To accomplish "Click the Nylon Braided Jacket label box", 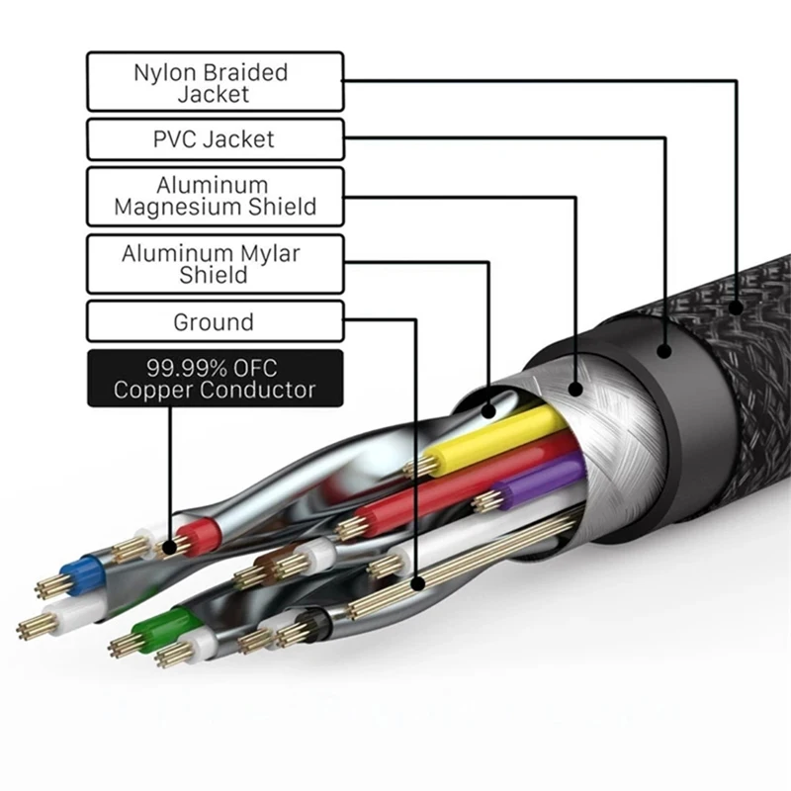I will coord(215,82).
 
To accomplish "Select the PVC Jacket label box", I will coord(215,139).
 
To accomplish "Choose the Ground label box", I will coord(215,322).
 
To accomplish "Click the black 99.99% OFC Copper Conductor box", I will coord(215,378).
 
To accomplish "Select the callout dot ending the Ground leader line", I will coord(420,584).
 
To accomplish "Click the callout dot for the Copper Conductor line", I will coord(171,544).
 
